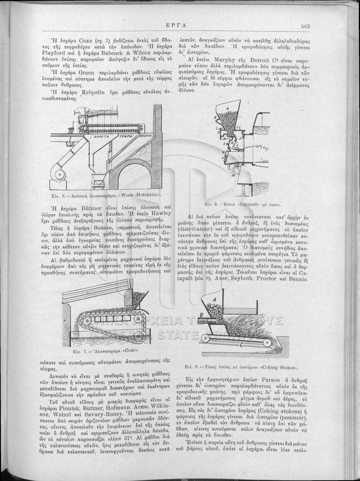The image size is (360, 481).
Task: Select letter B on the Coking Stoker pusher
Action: (202, 315)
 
